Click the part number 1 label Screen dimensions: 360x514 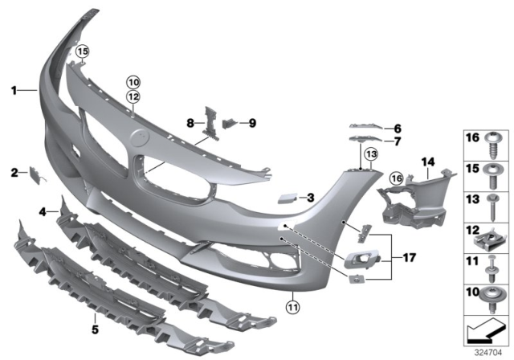[x=14, y=91]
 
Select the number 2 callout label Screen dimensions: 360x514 [x=14, y=172]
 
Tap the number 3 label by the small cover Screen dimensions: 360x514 [x=311, y=196]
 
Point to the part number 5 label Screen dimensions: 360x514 [x=43, y=212]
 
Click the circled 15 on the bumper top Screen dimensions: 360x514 [x=81, y=52]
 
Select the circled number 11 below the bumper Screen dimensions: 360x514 [x=293, y=306]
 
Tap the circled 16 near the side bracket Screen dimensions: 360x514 [x=395, y=178]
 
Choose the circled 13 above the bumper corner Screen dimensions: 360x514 [x=370, y=153]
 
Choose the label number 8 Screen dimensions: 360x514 [x=190, y=123]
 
